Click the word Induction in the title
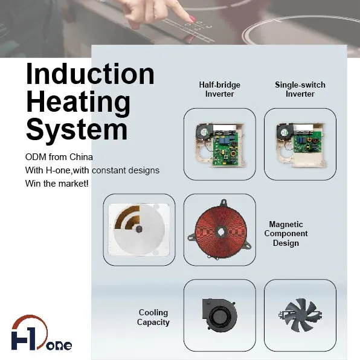pos(90,74)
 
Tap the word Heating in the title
pos(78,101)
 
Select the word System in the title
pos(77,129)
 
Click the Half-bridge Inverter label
pos(219,89)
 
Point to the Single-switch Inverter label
pos(300,89)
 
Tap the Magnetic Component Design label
pos(286,234)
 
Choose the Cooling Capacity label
pos(153,317)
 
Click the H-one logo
pos(41,333)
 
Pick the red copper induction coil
pos(220,230)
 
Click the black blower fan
pos(219,315)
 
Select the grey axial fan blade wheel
pos(300,315)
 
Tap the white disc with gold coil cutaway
pos(139,230)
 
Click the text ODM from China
pos(59,157)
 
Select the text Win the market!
pos(57,184)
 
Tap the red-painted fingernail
pos(193,19)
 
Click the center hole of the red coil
pos(220,232)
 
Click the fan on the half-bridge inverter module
pos(204,132)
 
